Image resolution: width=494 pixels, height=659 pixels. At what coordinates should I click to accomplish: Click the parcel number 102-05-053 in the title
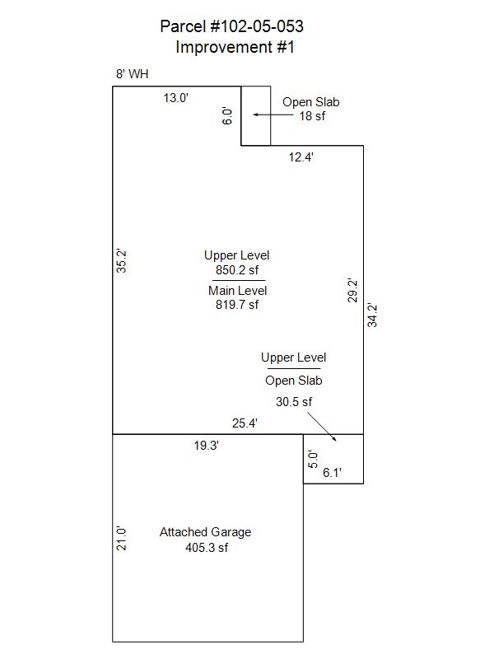(x=256, y=26)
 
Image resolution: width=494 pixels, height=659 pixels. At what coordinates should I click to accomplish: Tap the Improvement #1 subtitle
(x=235, y=47)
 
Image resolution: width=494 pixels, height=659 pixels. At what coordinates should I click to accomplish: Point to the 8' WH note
(x=132, y=74)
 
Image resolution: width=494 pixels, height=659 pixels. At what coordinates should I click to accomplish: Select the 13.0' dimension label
(x=175, y=98)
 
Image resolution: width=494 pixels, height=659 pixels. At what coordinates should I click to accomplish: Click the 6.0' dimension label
(x=227, y=115)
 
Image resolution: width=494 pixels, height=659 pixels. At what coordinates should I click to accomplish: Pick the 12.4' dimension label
(x=301, y=157)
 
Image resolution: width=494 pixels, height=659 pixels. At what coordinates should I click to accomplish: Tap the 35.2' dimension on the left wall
(x=121, y=261)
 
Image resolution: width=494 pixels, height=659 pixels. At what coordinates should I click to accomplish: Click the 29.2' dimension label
(x=352, y=291)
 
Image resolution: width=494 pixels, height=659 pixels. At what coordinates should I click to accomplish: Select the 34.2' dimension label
(x=372, y=315)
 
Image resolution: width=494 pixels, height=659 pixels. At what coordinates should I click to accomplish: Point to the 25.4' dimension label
(x=245, y=423)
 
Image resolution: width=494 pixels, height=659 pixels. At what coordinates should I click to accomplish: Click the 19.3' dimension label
(x=207, y=446)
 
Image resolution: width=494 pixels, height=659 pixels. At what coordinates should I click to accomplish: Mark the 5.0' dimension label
(x=313, y=460)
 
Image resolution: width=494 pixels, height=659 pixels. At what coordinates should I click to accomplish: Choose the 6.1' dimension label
(x=332, y=473)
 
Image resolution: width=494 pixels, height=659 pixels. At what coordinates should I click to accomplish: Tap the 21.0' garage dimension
(x=121, y=539)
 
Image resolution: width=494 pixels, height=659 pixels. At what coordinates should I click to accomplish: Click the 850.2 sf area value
(x=237, y=270)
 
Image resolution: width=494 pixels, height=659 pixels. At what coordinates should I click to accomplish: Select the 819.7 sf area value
(x=237, y=305)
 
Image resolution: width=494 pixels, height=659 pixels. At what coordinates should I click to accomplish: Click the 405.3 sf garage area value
(x=207, y=548)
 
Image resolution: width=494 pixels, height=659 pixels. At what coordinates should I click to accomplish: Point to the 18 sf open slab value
(x=312, y=116)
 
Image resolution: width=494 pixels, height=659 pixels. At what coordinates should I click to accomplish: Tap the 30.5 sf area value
(x=294, y=402)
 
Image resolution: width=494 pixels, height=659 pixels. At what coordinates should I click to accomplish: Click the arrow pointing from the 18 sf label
(x=273, y=115)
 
